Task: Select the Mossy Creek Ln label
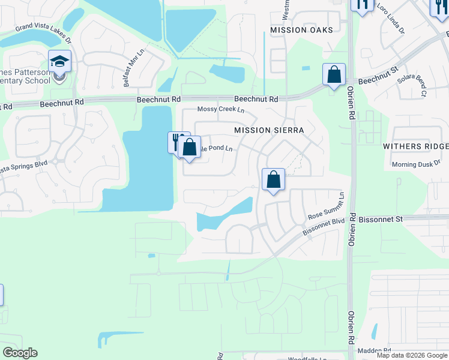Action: (x=221, y=110)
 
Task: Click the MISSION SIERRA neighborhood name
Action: (x=269, y=130)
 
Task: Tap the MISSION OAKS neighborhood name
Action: (x=301, y=30)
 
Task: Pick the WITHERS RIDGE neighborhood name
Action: (x=416, y=146)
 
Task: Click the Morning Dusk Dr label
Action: (x=416, y=165)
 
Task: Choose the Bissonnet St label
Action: (x=382, y=220)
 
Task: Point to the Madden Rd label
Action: (x=373, y=350)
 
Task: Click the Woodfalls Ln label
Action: (x=308, y=358)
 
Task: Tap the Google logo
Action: (x=20, y=353)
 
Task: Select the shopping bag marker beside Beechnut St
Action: (x=334, y=74)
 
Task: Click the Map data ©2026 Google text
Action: (x=412, y=355)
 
